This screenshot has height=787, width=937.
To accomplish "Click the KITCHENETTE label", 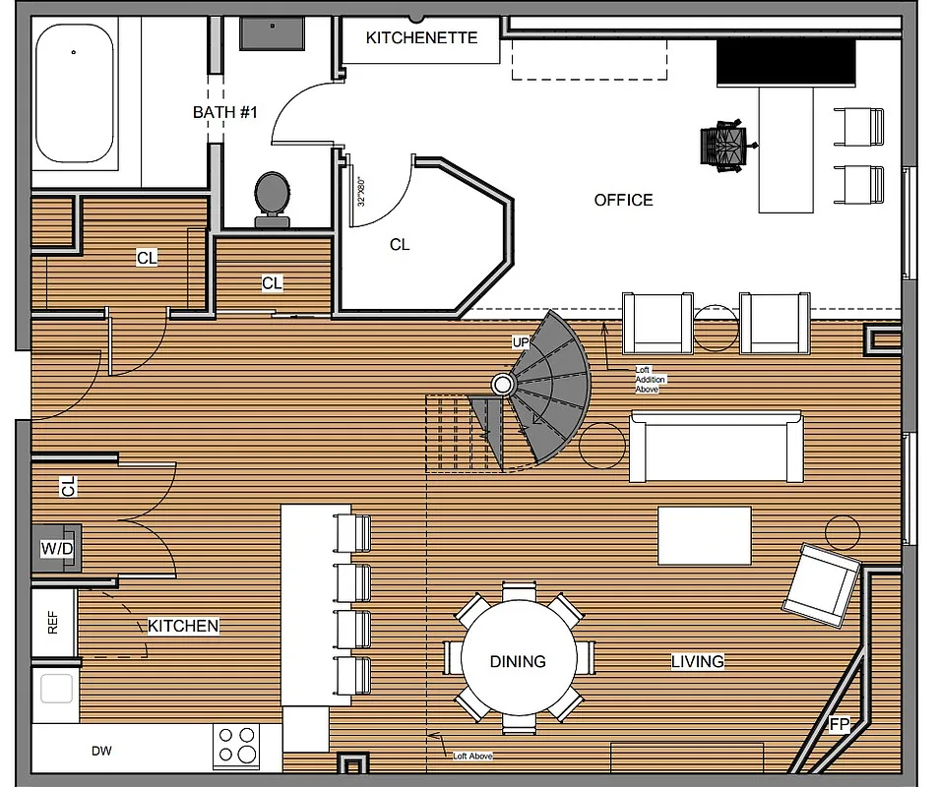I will coord(421,37).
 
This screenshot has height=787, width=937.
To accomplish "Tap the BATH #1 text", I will coord(224,112).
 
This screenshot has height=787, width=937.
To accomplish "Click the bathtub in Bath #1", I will coord(74,93).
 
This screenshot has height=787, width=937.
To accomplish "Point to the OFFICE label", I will coord(623,200).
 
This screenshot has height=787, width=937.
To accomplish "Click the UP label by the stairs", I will coord(521,342).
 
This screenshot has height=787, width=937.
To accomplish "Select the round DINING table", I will coord(519,660).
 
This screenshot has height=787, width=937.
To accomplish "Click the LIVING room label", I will coord(698,661).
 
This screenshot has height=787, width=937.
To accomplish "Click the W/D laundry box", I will coord(57,549).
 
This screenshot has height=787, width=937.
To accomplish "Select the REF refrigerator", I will coord(53,624).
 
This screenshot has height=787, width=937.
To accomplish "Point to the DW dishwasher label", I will coord(101,752).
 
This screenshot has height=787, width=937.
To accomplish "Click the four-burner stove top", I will coord(236,745).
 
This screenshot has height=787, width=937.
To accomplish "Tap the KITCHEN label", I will coord(183,626).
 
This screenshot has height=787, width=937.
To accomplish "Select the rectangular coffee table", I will coord(704,535).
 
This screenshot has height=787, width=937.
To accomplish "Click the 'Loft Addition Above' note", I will coord(646,379).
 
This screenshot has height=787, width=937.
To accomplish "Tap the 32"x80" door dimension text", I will coord(361,189).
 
